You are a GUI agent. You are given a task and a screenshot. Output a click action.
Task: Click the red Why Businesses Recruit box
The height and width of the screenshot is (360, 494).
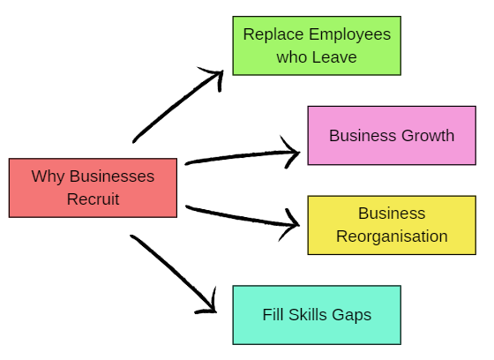[93, 187]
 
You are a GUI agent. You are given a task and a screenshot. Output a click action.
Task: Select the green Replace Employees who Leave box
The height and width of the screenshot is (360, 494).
[317, 45]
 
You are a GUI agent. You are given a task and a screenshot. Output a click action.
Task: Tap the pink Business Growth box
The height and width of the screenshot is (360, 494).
[391, 135]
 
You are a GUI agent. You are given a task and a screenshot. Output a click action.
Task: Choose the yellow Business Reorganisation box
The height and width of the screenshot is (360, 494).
[391, 224]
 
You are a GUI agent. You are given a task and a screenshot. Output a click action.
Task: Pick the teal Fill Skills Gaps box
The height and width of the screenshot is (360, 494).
[317, 314]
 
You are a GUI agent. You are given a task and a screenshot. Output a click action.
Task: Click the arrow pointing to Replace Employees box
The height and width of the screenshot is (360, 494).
[176, 104]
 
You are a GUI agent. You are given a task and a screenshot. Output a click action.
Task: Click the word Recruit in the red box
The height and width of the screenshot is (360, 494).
[93, 199]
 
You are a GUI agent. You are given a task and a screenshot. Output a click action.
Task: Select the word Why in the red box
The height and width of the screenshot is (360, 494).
[47, 176]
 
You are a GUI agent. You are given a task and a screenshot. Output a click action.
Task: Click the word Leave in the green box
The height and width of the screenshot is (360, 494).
[335, 57]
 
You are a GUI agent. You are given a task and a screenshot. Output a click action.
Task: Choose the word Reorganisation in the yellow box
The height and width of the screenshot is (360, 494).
[392, 236]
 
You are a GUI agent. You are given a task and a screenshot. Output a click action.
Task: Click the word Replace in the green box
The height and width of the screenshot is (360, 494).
[271, 34]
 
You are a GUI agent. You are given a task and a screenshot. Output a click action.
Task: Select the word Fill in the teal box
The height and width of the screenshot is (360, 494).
[274, 315]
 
